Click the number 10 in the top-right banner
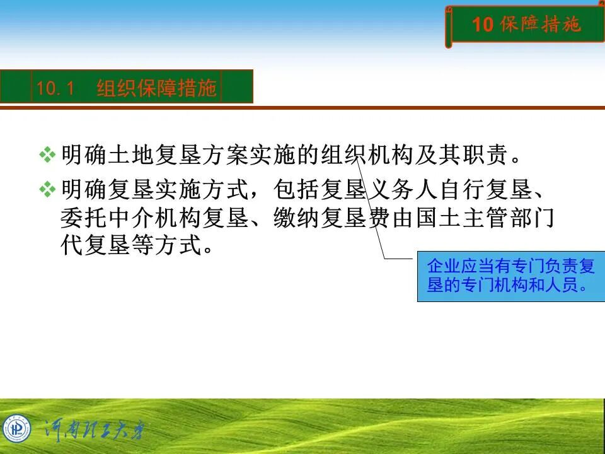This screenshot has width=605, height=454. (483, 25)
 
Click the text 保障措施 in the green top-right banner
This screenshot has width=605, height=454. (540, 25)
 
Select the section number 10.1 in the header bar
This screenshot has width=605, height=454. (55, 88)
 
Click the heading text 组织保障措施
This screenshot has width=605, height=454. (156, 88)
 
